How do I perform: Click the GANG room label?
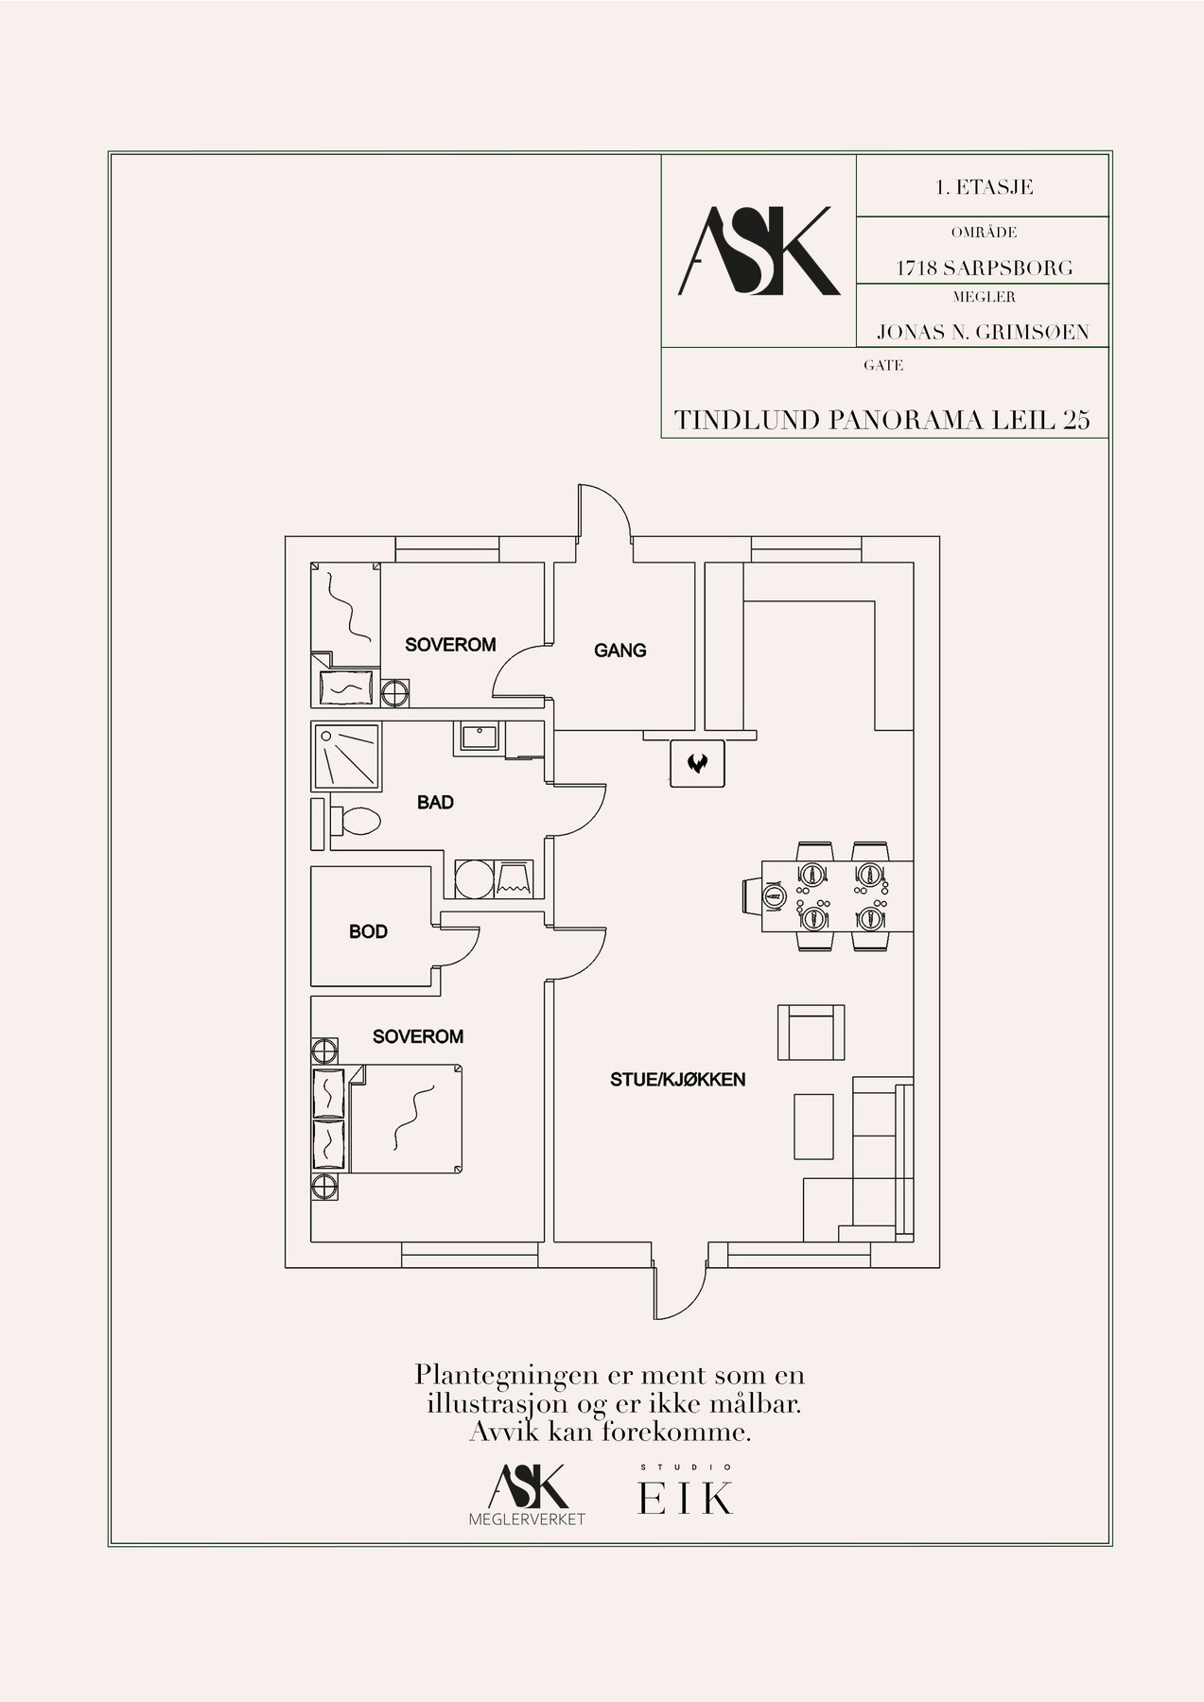620,651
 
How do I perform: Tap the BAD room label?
435,803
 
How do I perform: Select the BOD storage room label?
368,931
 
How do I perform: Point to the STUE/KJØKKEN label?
677,1079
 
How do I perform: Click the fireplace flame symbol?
697,762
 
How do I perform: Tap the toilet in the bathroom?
355,819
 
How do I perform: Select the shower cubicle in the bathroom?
346,757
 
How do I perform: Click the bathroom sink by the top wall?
480,737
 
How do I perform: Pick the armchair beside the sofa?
811,1033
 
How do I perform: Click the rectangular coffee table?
813,1126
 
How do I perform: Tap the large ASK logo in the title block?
759,252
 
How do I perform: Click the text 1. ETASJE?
984,187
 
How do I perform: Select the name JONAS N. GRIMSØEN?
983,332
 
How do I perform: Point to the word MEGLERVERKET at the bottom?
527,1520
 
